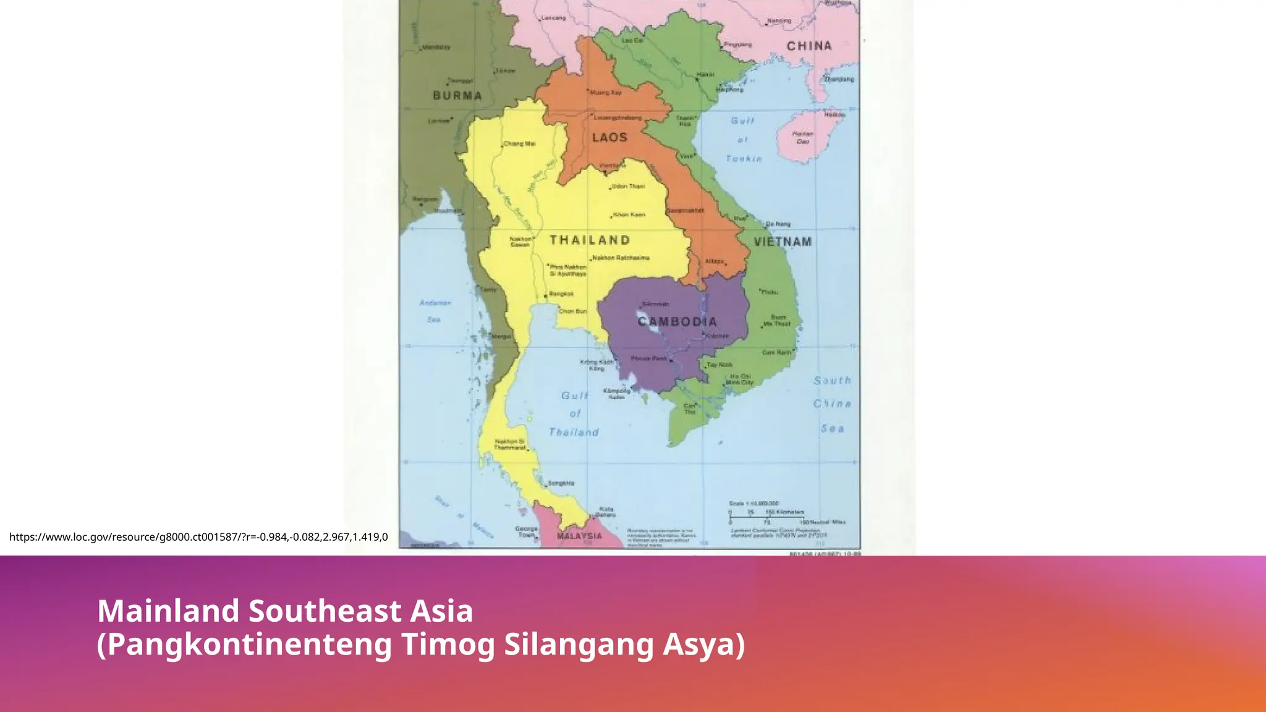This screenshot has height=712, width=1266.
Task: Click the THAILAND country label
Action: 590,240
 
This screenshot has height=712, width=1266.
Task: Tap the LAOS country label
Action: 610,137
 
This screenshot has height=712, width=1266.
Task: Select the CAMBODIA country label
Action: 678,321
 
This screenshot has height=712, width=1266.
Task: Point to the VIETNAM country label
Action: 782,242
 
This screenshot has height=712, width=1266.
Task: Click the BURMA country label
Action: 457,96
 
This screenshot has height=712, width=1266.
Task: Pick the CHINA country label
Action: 809,46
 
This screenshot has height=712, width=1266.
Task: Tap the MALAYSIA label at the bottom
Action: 579,536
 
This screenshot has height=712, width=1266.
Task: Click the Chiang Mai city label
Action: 520,143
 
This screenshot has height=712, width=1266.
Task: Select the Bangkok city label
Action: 561,294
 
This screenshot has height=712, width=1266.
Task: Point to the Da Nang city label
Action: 778,224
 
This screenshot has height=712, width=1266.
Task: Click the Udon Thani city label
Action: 628,186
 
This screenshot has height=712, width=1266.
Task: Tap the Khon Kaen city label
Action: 629,214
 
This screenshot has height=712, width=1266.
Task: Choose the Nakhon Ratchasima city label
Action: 621,258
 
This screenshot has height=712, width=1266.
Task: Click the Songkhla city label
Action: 561,483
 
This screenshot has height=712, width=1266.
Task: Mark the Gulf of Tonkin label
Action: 743,140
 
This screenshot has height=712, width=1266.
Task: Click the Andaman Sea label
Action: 435,311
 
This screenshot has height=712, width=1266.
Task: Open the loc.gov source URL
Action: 198,536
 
